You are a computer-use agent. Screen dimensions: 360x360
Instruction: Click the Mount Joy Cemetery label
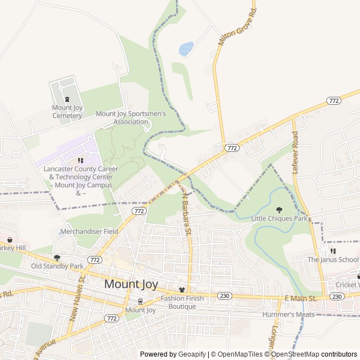pos(67,111)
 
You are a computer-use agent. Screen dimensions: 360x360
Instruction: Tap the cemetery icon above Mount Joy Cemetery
pos(67,99)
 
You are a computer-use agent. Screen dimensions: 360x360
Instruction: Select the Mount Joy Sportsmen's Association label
pos(130,117)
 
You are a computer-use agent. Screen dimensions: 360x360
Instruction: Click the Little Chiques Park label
pos(280,218)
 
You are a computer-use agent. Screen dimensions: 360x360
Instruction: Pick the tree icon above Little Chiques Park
pos(280,210)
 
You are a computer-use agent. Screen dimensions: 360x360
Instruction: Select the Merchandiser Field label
pos(89,231)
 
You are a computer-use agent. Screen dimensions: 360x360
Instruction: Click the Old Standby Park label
pos(57,265)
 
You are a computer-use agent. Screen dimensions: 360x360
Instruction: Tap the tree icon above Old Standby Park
pos(57,258)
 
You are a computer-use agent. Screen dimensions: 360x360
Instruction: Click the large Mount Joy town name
pos(131,284)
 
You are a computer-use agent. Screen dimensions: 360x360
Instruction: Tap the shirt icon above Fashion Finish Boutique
pos(181,290)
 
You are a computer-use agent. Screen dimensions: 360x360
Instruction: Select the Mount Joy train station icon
pos(140,301)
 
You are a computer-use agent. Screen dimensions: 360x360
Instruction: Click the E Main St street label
pos(301,298)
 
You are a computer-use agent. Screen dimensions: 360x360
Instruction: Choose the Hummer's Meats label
pos(287,314)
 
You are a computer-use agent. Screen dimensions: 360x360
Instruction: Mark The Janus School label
pos(332,259)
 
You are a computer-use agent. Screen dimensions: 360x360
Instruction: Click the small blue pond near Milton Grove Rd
pos(186,49)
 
